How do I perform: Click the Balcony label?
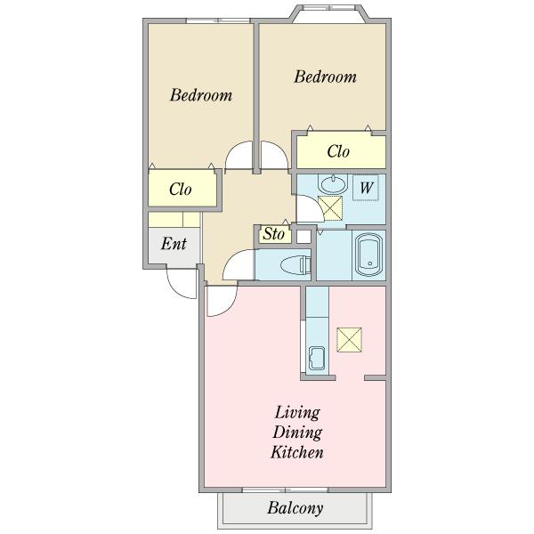click(x=295, y=508)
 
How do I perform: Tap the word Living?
click(x=297, y=413)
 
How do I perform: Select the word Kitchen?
click(x=297, y=452)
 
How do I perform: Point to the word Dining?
click(x=297, y=433)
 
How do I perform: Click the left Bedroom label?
click(x=201, y=95)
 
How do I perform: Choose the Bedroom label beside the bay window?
click(x=325, y=77)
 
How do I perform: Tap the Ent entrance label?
click(x=174, y=244)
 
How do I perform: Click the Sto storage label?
click(x=274, y=234)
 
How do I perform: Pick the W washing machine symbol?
click(x=366, y=188)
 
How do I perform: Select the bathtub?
click(x=368, y=255)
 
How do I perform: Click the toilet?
click(x=295, y=265)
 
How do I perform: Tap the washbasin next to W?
click(x=333, y=183)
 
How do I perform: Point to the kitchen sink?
click(x=317, y=358)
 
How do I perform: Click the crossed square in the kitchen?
click(x=349, y=340)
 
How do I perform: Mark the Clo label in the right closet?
click(x=338, y=151)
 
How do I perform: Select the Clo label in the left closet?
click(x=180, y=189)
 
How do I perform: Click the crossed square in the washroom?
click(x=329, y=208)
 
